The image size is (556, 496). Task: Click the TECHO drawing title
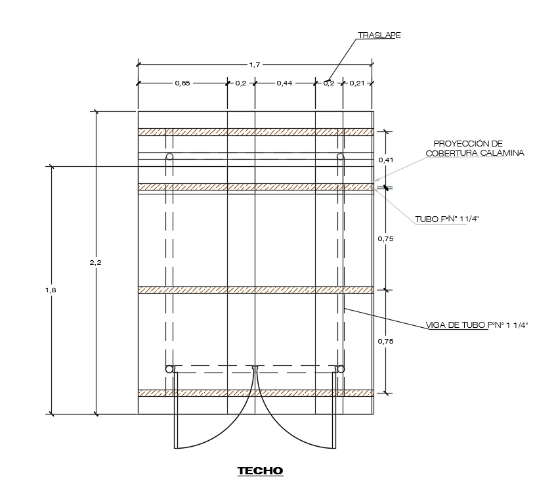pyautogui.click(x=260, y=471)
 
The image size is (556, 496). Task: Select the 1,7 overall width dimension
pyautogui.click(x=255, y=64)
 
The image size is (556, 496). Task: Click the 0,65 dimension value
pyautogui.click(x=182, y=83)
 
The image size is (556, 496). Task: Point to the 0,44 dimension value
pyautogui.click(x=284, y=83)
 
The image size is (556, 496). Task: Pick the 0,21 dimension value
pyautogui.click(x=357, y=83)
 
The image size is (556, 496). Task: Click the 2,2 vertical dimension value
pyautogui.click(x=95, y=262)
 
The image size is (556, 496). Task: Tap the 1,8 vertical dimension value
pyautogui.click(x=51, y=290)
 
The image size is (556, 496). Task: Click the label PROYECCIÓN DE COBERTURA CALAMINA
pyautogui.click(x=468, y=148)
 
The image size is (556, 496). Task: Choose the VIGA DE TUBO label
pyautogui.click(x=477, y=325)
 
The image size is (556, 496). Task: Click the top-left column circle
pyautogui.click(x=169, y=156)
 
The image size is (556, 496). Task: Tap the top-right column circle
pyautogui.click(x=340, y=156)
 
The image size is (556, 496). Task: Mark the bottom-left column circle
pyautogui.click(x=169, y=369)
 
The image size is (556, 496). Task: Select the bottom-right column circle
pyautogui.click(x=340, y=369)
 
